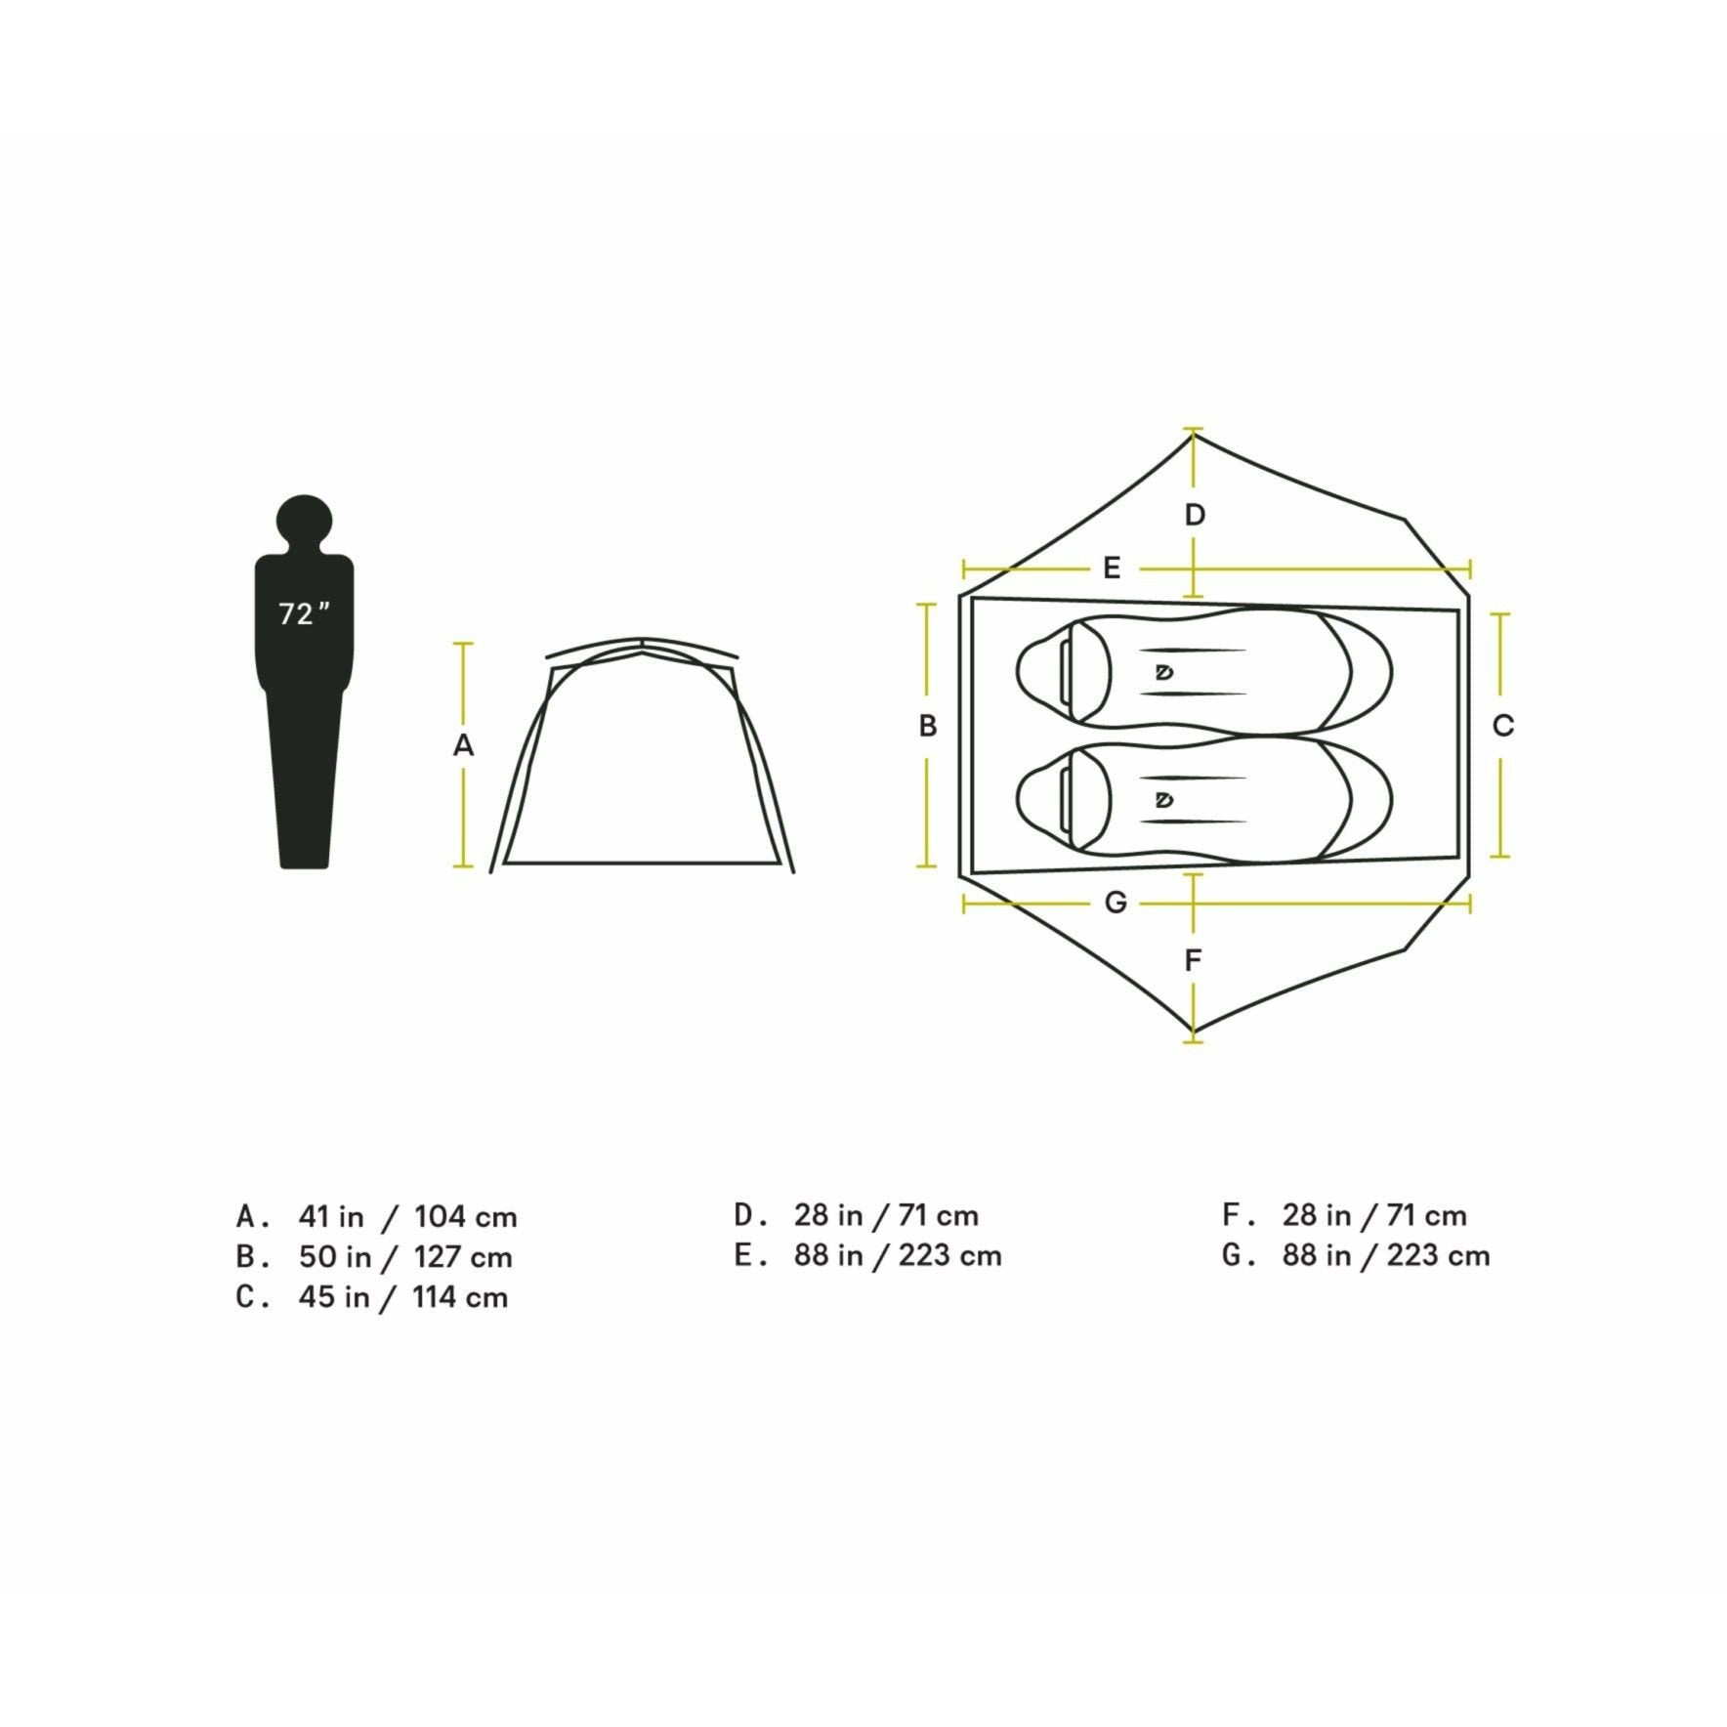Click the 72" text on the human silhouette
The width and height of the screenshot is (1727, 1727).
pyautogui.click(x=304, y=614)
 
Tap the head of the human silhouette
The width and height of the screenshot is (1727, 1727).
pyautogui.click(x=304, y=523)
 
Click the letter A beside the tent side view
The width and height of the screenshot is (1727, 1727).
pyautogui.click(x=463, y=745)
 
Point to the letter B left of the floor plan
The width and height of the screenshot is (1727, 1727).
pyautogui.click(x=928, y=726)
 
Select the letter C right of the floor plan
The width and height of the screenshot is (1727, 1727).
pyautogui.click(x=1503, y=726)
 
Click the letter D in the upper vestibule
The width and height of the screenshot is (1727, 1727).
pyautogui.click(x=1195, y=515)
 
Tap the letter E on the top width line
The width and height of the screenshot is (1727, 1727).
pyautogui.click(x=1112, y=568)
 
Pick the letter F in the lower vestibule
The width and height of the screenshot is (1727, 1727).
pyautogui.click(x=1193, y=960)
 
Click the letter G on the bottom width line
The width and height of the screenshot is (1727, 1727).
pyautogui.click(x=1116, y=903)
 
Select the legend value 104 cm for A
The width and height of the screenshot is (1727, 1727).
pyautogui.click(x=465, y=1217)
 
